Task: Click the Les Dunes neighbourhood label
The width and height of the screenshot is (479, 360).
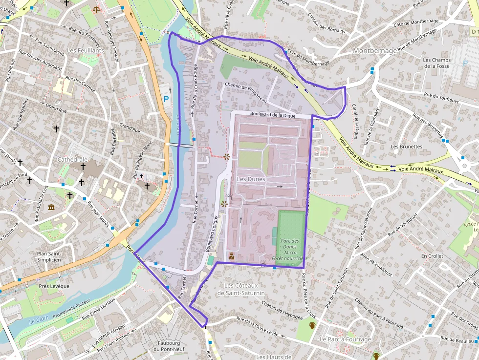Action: pos(251,179)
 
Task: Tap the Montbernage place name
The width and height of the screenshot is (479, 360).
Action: pos(374,51)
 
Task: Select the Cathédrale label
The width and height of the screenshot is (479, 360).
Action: pos(72,160)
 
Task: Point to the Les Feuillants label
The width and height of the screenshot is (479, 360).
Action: pos(86,50)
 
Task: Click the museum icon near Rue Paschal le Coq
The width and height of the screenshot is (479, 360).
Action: pos(51,207)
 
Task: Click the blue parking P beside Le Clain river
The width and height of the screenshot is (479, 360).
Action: pos(166,99)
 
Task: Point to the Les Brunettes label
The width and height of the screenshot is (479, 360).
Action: pos(406,147)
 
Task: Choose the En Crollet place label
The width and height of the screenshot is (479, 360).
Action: pos(432,256)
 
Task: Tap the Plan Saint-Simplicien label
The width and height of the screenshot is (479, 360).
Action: pos(49,257)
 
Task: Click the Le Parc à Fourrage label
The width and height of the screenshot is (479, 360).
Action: pos(345,339)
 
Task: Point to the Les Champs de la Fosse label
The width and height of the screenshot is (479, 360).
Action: pos(436,63)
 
